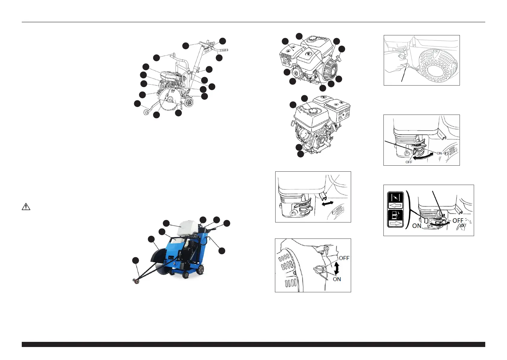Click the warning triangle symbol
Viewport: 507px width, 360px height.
click(26, 206)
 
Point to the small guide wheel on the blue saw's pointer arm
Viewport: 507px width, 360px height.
click(136, 281)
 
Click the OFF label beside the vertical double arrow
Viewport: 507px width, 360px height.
click(344, 258)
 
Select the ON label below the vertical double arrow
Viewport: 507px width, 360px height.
click(337, 279)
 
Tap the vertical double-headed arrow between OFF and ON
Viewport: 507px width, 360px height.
click(337, 268)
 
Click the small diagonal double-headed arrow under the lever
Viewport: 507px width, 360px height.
click(328, 203)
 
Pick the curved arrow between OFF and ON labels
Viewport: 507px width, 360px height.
click(423, 157)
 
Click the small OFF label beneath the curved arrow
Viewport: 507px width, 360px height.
click(409, 162)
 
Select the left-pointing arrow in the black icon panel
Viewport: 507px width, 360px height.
click(395, 206)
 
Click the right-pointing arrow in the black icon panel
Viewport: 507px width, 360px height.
click(396, 224)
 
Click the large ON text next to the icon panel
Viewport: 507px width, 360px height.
click(417, 226)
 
